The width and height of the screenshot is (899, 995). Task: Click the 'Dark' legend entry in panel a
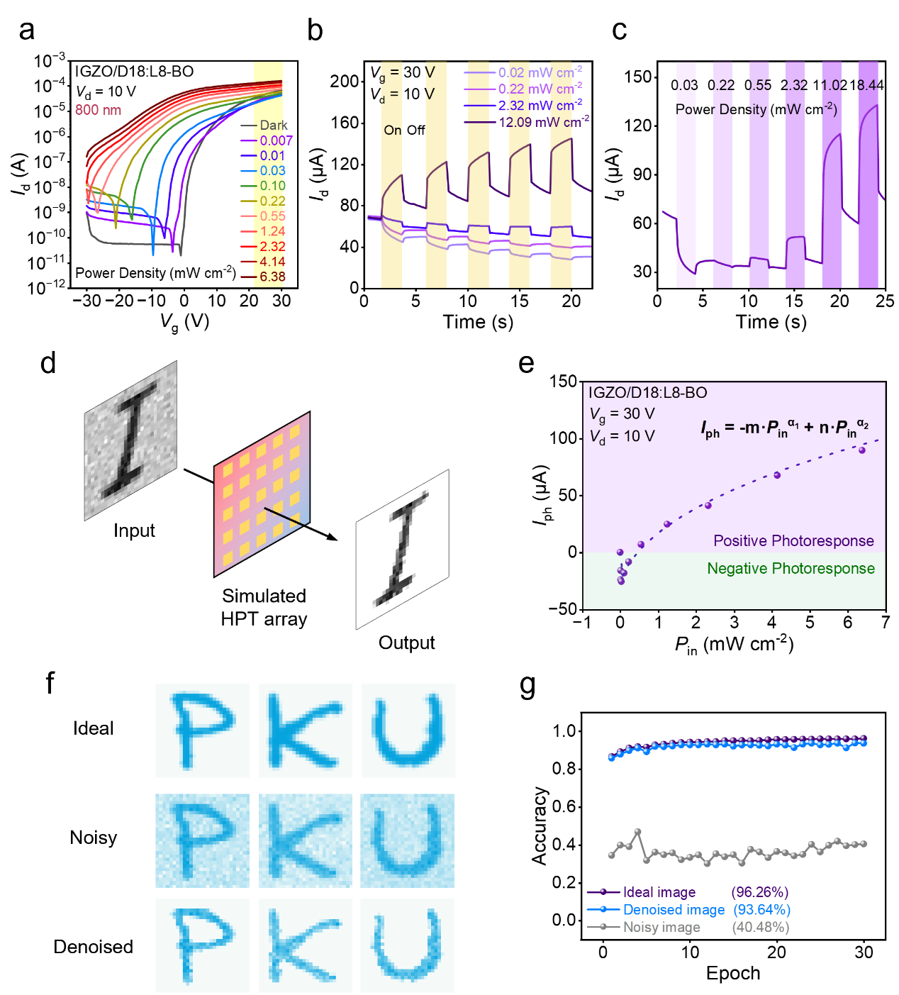273,126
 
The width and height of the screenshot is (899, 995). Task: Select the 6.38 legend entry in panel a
272,277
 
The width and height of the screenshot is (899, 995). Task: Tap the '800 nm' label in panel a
98,110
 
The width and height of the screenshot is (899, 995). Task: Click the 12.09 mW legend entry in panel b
543,122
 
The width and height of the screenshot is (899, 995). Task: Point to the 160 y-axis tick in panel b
345,123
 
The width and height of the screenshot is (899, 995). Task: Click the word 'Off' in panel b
415,130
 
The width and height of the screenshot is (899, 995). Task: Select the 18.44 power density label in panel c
866,85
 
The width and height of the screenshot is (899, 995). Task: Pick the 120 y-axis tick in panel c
637,126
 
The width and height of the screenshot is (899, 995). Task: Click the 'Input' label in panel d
134,530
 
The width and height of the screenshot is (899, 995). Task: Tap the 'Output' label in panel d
406,643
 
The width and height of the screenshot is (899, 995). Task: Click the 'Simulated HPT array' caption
264,607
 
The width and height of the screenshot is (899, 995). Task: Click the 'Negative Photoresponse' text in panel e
791,569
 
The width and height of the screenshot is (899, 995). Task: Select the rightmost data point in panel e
862,450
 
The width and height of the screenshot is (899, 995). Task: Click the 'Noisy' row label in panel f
94,838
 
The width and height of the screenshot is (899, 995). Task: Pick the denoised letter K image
305,945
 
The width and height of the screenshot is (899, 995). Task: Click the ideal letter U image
408,730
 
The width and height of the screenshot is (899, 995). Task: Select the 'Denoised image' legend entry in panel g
674,910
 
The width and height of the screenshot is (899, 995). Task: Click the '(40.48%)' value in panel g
761,927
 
